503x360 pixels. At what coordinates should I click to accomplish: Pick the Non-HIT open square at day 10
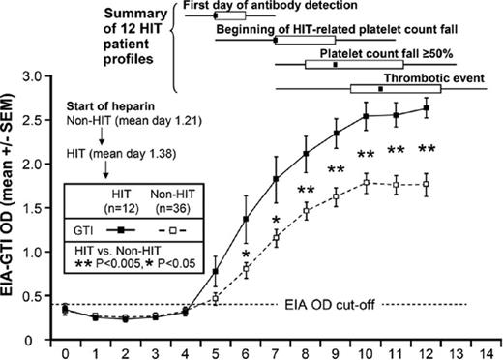(366, 182)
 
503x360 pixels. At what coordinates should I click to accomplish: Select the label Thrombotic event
(422, 77)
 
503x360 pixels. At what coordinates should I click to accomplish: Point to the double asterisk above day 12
(425, 150)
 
